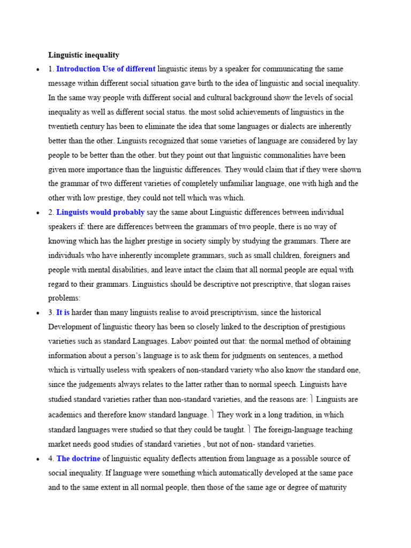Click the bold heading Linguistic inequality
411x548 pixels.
(83, 55)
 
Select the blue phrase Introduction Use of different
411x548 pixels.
(106, 69)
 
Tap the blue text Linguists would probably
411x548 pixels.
(101, 212)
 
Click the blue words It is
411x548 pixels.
(63, 312)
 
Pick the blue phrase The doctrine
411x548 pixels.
(78, 459)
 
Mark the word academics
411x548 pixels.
(65, 415)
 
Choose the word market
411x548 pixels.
(60, 444)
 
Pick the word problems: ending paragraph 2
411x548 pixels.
(64, 298)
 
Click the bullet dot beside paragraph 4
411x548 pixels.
(37, 459)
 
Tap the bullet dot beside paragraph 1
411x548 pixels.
(37, 70)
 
